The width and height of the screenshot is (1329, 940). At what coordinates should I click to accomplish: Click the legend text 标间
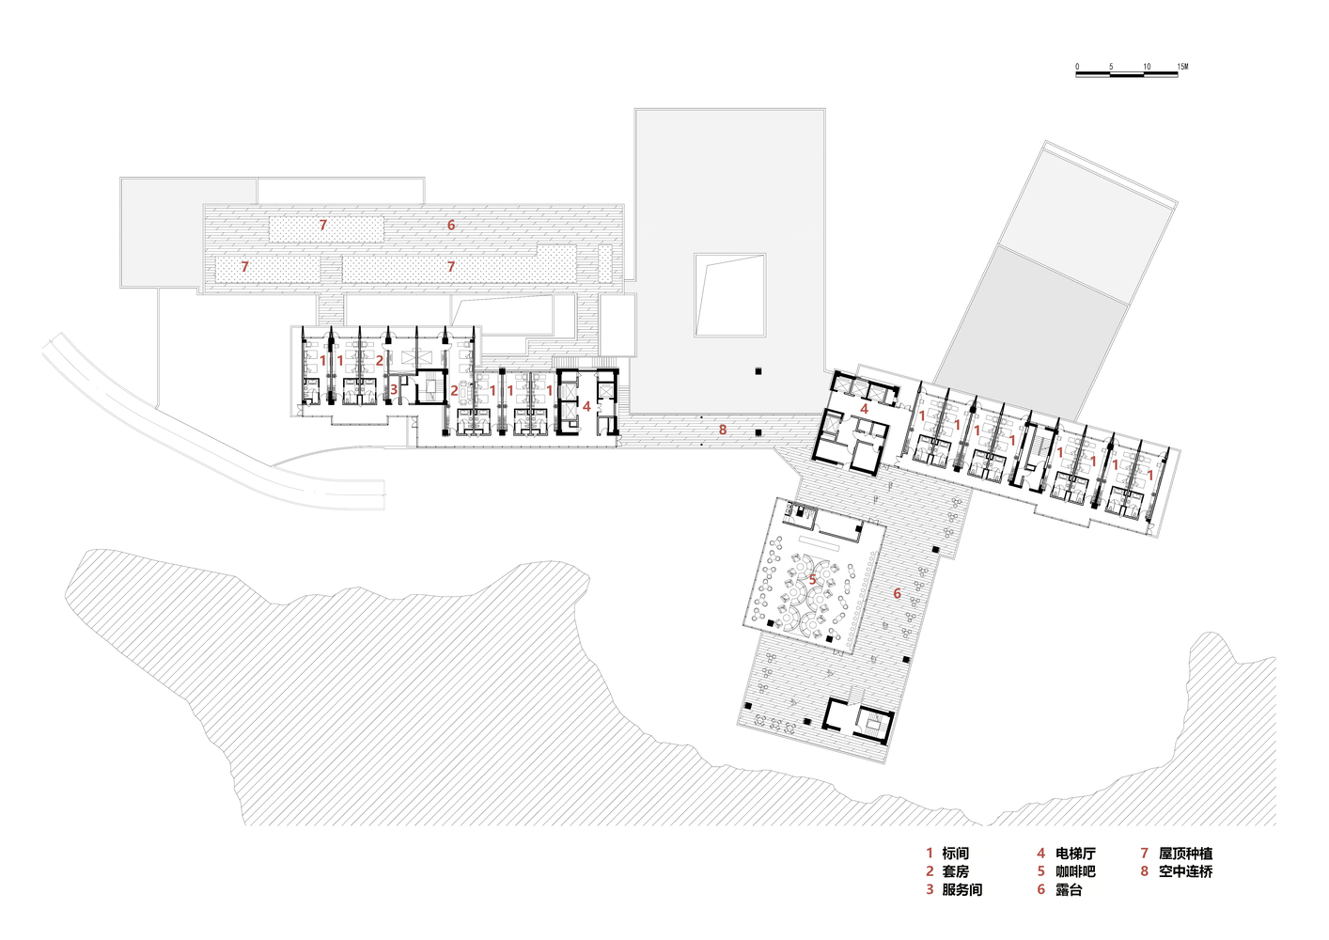point(955,854)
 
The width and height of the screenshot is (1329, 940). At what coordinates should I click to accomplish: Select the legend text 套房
point(955,871)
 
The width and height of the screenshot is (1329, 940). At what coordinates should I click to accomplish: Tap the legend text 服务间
point(962,889)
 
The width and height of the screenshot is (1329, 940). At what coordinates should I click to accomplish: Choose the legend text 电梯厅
point(1075,854)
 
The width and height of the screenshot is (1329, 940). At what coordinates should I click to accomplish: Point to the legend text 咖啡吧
point(1075,871)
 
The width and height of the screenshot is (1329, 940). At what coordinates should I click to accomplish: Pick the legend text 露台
point(1070,889)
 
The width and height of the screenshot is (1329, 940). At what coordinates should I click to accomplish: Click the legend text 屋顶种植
point(1185,854)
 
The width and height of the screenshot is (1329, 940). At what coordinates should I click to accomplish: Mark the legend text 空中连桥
point(1185,871)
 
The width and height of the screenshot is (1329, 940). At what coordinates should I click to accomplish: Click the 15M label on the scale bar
point(1182,67)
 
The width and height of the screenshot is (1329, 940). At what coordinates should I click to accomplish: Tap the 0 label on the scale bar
point(1077,67)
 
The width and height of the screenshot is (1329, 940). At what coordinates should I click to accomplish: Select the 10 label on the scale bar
point(1147,67)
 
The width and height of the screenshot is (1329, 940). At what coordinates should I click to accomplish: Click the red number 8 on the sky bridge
point(723,430)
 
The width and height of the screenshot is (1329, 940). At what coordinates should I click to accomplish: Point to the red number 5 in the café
point(812,580)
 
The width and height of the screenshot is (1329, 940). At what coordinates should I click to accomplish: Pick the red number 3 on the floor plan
point(394,390)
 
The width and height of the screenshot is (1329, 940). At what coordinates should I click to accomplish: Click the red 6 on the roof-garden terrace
point(451,225)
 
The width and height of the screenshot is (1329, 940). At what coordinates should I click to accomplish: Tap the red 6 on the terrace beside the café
point(897,593)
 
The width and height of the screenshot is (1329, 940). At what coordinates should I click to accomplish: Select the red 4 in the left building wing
point(586,406)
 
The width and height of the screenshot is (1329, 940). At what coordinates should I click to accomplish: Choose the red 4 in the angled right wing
point(865,409)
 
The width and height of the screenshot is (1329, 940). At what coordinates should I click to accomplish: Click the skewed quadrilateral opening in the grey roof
point(729,295)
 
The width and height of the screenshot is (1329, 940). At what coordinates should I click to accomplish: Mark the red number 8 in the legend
point(1145,871)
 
